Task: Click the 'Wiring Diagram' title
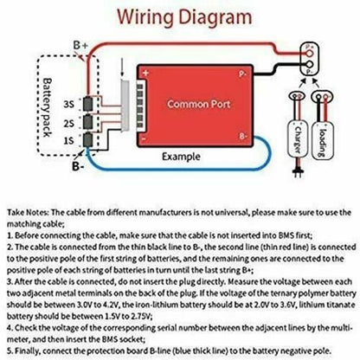184,16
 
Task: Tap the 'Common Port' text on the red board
199,104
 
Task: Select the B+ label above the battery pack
80,45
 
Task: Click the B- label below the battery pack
78,166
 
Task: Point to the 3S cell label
68,104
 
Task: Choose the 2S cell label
68,124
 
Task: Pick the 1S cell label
68,141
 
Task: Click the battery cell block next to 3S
88,104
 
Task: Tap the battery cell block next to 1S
88,140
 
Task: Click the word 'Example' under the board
181,157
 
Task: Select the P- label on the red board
242,74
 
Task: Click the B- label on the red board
243,136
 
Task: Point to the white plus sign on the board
145,73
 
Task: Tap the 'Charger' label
298,140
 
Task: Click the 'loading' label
323,142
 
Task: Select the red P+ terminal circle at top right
309,53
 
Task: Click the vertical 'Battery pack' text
47,107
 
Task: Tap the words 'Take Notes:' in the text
28,213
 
